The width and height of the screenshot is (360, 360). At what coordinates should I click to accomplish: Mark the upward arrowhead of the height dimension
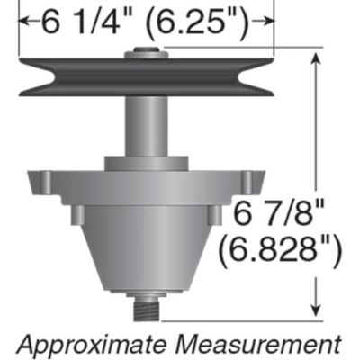pyautogui.click(x=315, y=58)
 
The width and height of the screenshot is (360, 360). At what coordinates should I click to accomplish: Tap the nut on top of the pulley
pyautogui.click(x=146, y=54)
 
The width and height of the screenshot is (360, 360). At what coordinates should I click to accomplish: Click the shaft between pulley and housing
pyautogui.click(x=146, y=126)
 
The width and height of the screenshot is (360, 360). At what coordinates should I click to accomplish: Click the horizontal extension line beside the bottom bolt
pyautogui.click(x=243, y=317)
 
